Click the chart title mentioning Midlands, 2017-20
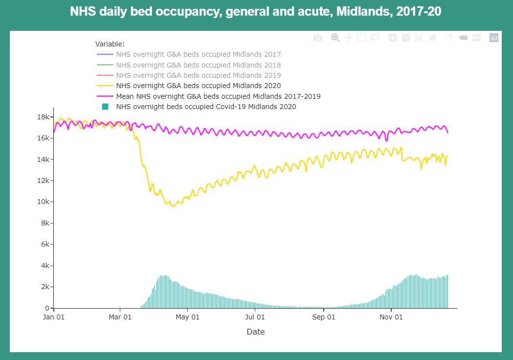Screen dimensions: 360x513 coord(256,12)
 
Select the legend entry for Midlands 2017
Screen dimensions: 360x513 coord(199,54)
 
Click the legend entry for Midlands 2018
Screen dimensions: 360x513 coord(199,65)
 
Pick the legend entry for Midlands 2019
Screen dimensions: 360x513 coord(199,75)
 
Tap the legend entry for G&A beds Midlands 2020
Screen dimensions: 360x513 coord(199,86)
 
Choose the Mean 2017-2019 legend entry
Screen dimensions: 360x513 coord(218,96)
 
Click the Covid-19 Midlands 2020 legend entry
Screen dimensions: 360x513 coord(206,107)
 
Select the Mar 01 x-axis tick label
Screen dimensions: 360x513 coord(120,317)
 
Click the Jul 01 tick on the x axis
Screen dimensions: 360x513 coord(255,317)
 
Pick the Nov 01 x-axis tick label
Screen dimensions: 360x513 coord(391,317)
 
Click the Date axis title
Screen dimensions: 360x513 coord(256,332)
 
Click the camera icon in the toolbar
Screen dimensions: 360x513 coord(318,38)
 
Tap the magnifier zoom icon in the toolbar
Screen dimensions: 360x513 coord(335,38)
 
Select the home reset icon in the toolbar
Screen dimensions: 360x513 coord(432,38)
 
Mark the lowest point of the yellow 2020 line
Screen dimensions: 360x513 coord(173,206)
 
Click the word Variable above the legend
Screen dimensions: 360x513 coord(110,44)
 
